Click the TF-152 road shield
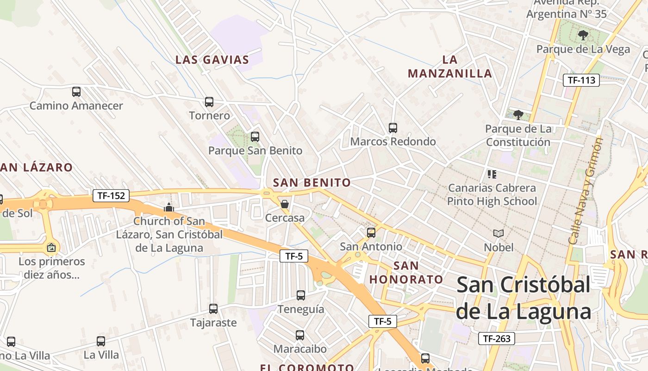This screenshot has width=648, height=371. tap(111, 196)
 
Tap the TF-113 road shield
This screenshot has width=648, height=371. tap(581, 80)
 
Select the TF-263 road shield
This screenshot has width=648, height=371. tap(496, 339)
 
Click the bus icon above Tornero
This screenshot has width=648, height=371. tap(209, 102)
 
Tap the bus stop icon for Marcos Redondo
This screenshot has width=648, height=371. tap(393, 128)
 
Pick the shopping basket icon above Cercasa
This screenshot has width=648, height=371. tap(285, 204)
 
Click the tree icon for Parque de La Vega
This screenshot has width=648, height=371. tap(583, 35)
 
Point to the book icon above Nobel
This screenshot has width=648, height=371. tap(498, 233)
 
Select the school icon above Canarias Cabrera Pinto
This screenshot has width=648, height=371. tap(492, 174)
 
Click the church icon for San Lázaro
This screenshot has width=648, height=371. tap(169, 207)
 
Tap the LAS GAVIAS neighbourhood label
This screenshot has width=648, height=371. tap(212, 60)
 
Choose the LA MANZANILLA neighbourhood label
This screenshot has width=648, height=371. tap(450, 67)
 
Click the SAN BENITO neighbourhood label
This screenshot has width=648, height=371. tap(312, 183)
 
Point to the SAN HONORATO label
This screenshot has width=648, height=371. tap(406, 273)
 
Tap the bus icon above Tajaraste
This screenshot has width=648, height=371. tap(213, 308)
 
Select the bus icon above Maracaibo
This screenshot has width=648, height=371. tap(300, 335)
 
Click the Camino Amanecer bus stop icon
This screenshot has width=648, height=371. tap(76, 92)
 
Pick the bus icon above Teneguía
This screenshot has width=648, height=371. tap(301, 295)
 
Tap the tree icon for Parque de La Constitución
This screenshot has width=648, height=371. tap(518, 115)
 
